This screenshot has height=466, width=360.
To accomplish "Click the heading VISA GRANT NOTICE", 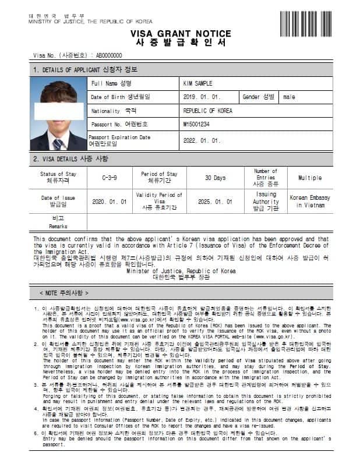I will pyautogui.click(x=180, y=34).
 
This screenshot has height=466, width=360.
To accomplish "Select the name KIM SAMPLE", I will pyautogui.click(x=197, y=84).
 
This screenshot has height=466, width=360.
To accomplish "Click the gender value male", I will pyautogui.click(x=289, y=97).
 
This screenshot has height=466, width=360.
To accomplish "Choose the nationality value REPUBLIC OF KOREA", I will pyautogui.click(x=207, y=111).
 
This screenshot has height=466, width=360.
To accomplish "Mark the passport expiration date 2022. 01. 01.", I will pyautogui.click(x=202, y=140).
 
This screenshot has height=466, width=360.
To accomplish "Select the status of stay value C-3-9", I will pyautogui.click(x=110, y=178).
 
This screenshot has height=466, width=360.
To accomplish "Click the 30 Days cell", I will pyautogui.click(x=216, y=178).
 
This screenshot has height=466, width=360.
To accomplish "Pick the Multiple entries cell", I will pyautogui.click(x=309, y=178).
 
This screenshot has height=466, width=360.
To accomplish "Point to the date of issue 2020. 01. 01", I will pyautogui.click(x=110, y=202).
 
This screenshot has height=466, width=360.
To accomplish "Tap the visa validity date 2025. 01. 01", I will pyautogui.click(x=216, y=202).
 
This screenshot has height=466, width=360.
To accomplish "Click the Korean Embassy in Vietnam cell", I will pyautogui.click(x=309, y=202).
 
